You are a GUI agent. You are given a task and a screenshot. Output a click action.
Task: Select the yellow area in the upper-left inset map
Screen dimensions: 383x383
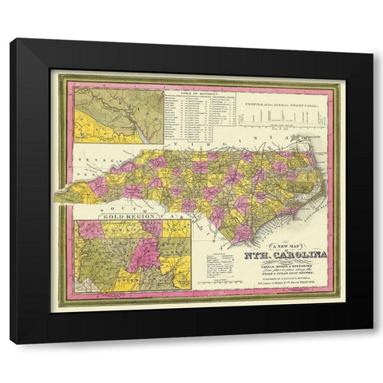[96, 126]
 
